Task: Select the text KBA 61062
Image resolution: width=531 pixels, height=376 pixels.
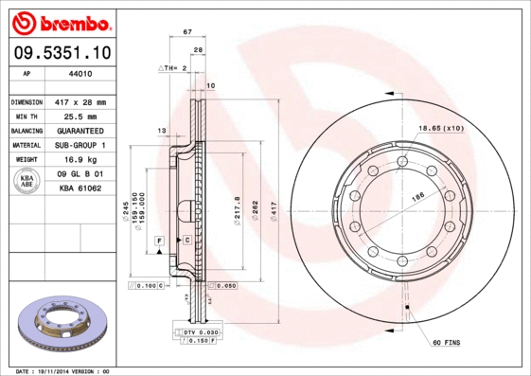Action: pos(80,189)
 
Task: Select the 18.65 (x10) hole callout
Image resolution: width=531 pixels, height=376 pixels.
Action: pos(441,127)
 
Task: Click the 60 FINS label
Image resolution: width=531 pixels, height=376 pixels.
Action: pos(446,341)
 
